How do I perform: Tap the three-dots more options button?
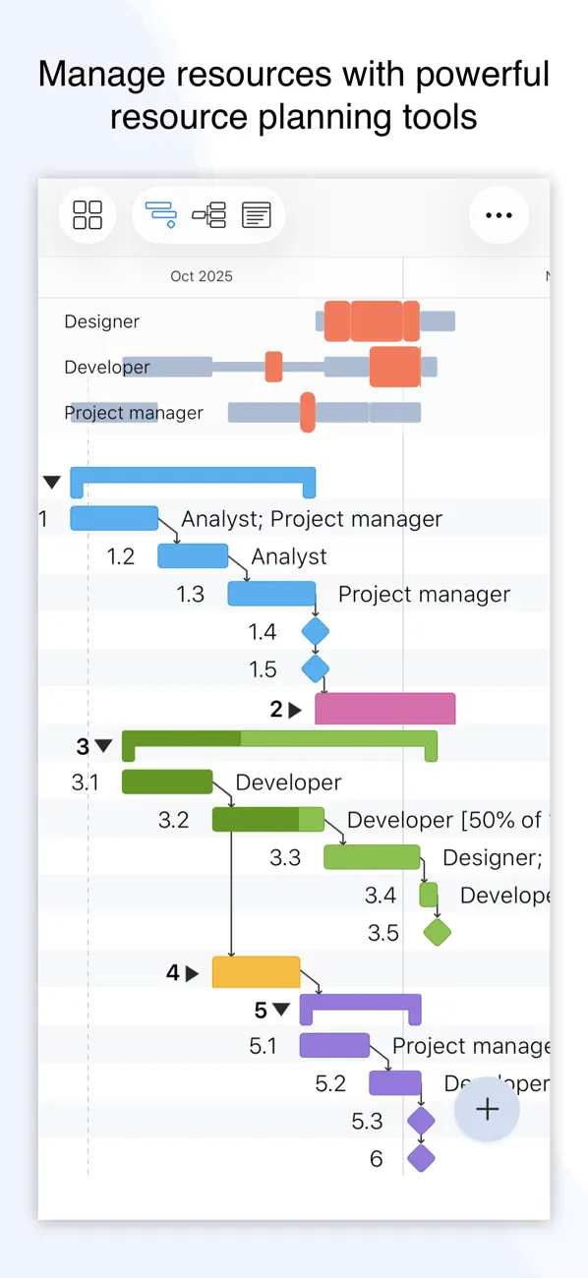[500, 215]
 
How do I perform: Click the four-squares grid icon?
[88, 215]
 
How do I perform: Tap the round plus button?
[487, 1110]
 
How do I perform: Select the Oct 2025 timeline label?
[202, 277]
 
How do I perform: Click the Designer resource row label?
[102, 321]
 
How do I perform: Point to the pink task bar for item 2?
[384, 709]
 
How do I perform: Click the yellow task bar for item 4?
[256, 972]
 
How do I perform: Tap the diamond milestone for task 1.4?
[315, 631]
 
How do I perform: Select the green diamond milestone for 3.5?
[437, 932]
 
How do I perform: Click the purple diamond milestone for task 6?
[421, 1158]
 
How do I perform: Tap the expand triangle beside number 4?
[192, 973]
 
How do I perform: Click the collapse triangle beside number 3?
[103, 746]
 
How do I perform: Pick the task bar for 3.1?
[167, 783]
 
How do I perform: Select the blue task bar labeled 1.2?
[193, 556]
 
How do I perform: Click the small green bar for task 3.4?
[429, 895]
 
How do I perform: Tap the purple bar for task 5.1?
[334, 1046]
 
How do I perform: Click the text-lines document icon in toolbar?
[257, 215]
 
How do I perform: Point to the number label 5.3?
[367, 1121]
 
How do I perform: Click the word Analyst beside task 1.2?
[289, 556]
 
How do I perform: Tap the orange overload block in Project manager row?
[308, 412]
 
